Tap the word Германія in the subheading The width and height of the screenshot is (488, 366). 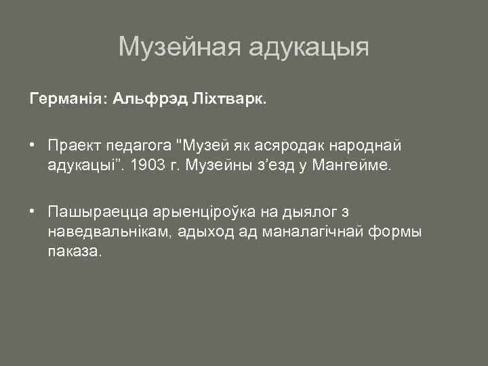pyautogui.click(x=66, y=100)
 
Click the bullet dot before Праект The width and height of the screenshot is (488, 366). pyautogui.click(x=32, y=144)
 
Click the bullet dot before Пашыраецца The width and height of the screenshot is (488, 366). pyautogui.click(x=32, y=211)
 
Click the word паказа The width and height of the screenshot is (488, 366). pyautogui.click(x=74, y=251)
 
